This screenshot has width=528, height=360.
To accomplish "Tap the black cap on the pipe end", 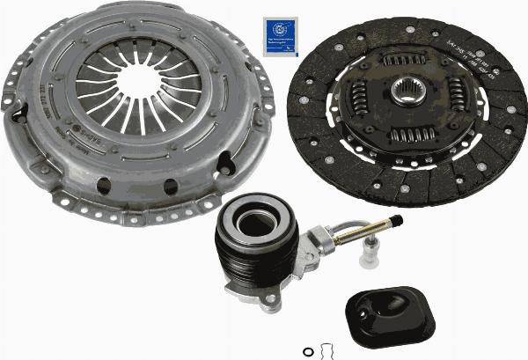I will pos(399,217).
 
